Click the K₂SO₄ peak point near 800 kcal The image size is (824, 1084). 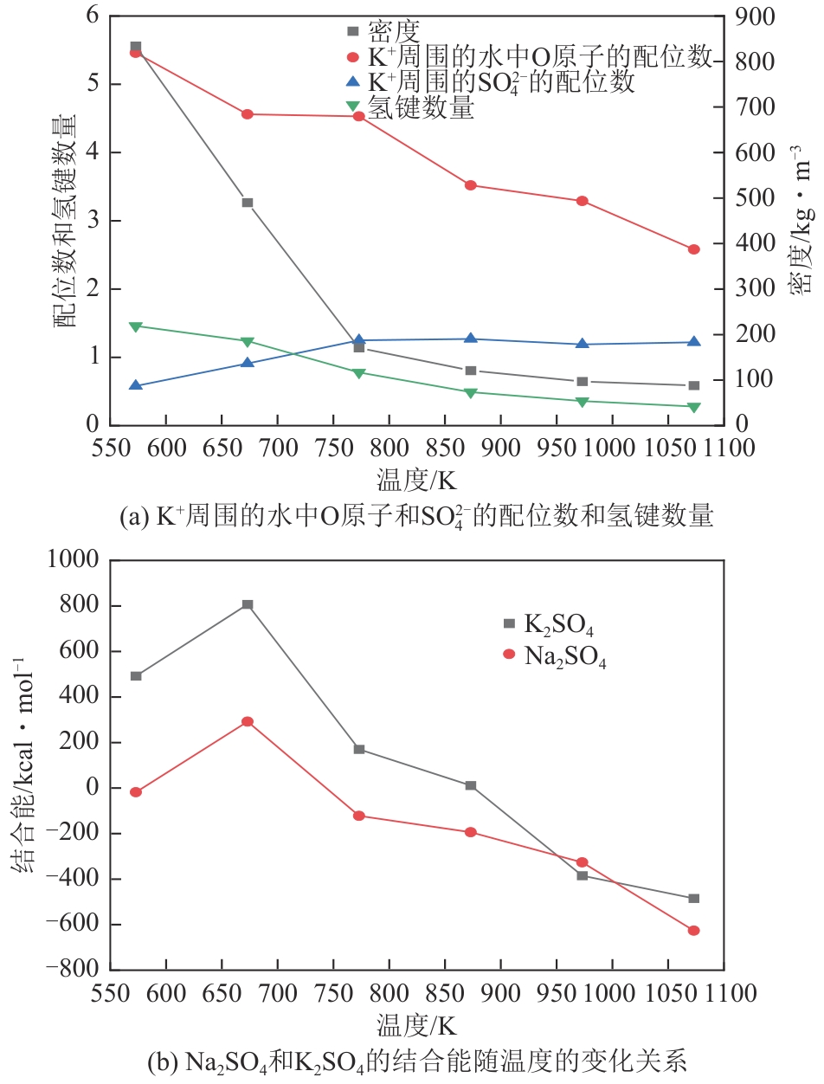coord(248,604)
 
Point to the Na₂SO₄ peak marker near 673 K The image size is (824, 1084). coord(248,721)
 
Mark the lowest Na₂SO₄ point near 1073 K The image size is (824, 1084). coord(693,930)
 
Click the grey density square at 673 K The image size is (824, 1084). coord(248,203)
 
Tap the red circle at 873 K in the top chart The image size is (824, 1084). coord(471,185)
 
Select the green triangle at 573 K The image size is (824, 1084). coord(136,326)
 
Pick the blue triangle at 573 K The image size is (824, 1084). coord(136,385)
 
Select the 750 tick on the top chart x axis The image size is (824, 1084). coord(332,448)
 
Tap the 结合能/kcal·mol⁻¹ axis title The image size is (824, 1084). coord(23,765)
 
